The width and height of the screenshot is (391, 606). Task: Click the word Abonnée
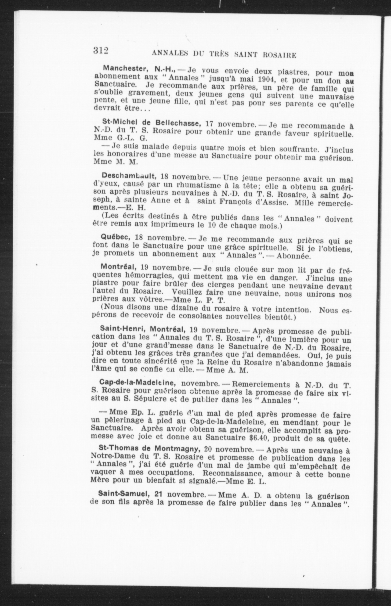tap(293, 256)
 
